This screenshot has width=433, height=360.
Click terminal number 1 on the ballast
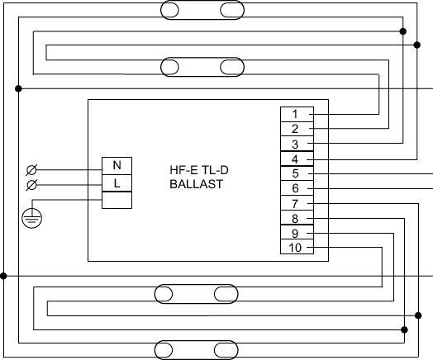pyautogui.click(x=297, y=114)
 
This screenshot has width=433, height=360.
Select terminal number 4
pyautogui.click(x=297, y=159)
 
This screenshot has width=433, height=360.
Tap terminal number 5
pyautogui.click(x=297, y=173)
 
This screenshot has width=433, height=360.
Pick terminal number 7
pyautogui.click(x=297, y=203)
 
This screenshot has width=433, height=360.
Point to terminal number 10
pyautogui.click(x=297, y=247)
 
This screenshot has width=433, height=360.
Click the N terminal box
pyautogui.click(x=117, y=166)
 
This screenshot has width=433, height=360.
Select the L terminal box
pyautogui.click(x=117, y=183)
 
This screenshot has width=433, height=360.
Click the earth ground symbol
pyautogui.click(x=31, y=218)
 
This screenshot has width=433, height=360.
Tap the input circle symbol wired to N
pyautogui.click(x=31, y=170)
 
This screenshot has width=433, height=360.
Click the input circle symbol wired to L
pyautogui.click(x=31, y=185)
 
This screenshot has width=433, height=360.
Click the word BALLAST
pyautogui.click(x=196, y=184)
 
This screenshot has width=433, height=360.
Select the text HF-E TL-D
pyautogui.click(x=199, y=170)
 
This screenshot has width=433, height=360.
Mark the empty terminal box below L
pyautogui.click(x=117, y=200)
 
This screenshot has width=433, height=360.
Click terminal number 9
pyautogui.click(x=297, y=233)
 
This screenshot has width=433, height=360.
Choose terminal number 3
pyautogui.click(x=297, y=144)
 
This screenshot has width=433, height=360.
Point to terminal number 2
pyautogui.click(x=297, y=129)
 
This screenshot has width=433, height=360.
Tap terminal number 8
pyautogui.click(x=297, y=218)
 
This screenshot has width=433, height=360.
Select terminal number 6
pyautogui.click(x=297, y=188)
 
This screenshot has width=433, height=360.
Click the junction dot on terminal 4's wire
pyautogui.click(x=417, y=45)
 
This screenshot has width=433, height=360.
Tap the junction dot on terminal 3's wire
pyautogui.click(x=403, y=31)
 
